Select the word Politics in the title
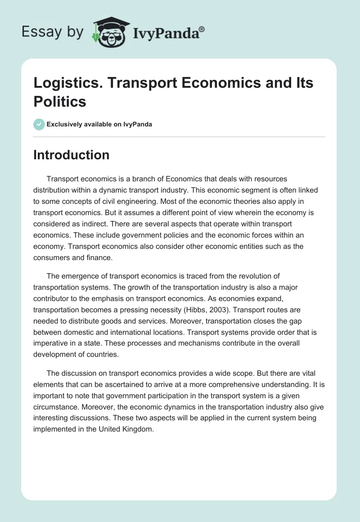[x=60, y=102]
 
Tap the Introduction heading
[x=72, y=155]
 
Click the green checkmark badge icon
[x=39, y=124]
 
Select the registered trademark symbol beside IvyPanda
[x=202, y=29]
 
